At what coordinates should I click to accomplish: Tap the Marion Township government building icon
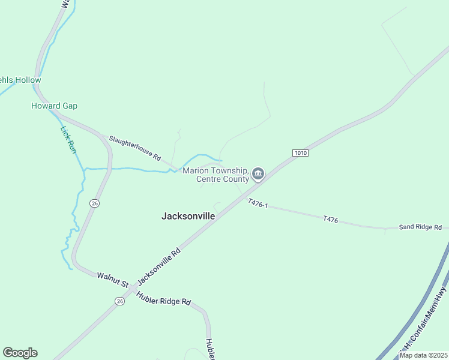click(258, 175)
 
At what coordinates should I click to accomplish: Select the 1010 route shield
click(300, 153)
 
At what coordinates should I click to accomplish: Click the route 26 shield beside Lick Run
click(94, 203)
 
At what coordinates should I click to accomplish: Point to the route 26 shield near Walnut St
click(120, 301)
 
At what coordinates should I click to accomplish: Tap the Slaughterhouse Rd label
click(135, 148)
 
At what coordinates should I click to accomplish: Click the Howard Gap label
click(54, 106)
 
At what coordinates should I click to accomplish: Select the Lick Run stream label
click(68, 139)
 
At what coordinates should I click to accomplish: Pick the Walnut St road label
click(113, 279)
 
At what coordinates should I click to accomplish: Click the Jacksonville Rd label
click(159, 267)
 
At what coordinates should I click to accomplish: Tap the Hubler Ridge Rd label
click(163, 298)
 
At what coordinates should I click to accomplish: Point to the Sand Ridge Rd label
click(420, 227)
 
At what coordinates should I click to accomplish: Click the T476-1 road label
click(258, 205)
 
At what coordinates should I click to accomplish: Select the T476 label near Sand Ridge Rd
click(330, 220)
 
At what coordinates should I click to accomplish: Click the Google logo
click(20, 353)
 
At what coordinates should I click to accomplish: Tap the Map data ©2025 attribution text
click(423, 355)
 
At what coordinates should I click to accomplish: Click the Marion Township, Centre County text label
click(215, 175)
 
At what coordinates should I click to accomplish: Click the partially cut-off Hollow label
click(20, 80)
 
